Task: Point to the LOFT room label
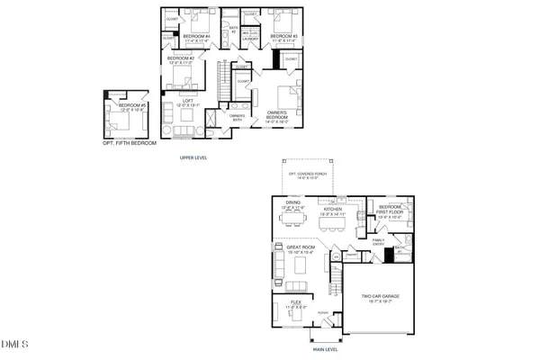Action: pyautogui.click(x=187, y=102)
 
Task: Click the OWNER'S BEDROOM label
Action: pyautogui.click(x=276, y=115)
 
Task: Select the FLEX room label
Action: pyautogui.click(x=295, y=304)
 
